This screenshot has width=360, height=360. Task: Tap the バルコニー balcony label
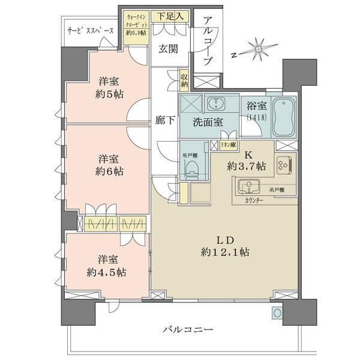[188, 329]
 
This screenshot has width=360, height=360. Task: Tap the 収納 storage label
[184, 80]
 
